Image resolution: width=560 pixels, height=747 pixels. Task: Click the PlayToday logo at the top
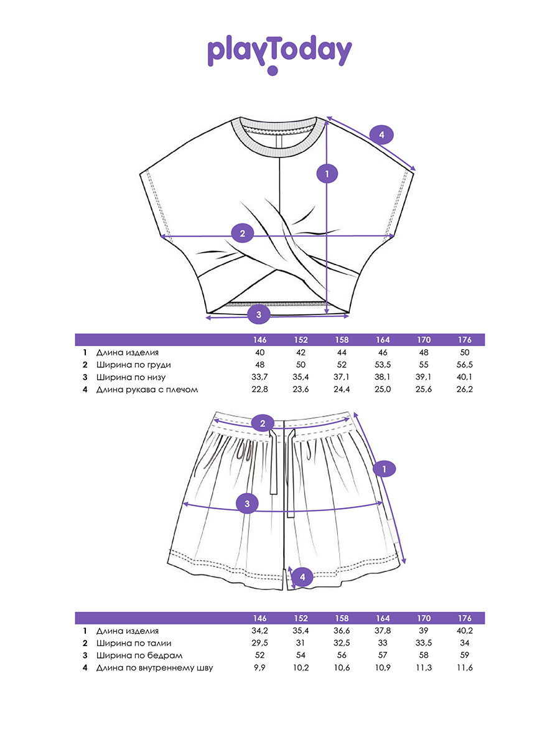coord(279,53)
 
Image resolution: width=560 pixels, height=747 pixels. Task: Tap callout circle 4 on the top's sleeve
coord(382,134)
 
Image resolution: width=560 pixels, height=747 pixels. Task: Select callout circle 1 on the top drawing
coord(327,174)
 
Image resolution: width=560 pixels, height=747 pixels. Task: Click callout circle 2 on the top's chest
coord(243,234)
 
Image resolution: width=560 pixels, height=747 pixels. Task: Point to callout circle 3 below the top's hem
coord(259,314)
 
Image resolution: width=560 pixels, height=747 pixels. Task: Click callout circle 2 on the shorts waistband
coord(263,424)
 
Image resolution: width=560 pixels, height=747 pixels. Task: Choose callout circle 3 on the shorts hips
coord(248,503)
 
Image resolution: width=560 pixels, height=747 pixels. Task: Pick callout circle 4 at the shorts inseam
coord(302,577)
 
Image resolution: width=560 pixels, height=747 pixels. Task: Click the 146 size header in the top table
coord(260,340)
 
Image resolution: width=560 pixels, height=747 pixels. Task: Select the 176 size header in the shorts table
coord(464,618)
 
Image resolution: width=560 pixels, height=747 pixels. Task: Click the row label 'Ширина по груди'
coord(133,365)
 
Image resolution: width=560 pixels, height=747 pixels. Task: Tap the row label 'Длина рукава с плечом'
coord(147,390)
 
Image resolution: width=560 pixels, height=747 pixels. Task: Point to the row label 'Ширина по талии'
coord(134,643)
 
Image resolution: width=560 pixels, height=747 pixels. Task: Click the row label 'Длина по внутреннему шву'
coord(154,668)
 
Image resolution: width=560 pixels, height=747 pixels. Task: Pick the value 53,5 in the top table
coord(383,365)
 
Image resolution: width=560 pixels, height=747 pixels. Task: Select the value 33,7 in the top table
coord(260,377)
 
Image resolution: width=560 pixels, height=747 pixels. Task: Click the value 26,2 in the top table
coord(464,390)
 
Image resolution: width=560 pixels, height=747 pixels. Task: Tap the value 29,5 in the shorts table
coord(260,643)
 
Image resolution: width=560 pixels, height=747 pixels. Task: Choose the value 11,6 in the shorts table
coord(464,668)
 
